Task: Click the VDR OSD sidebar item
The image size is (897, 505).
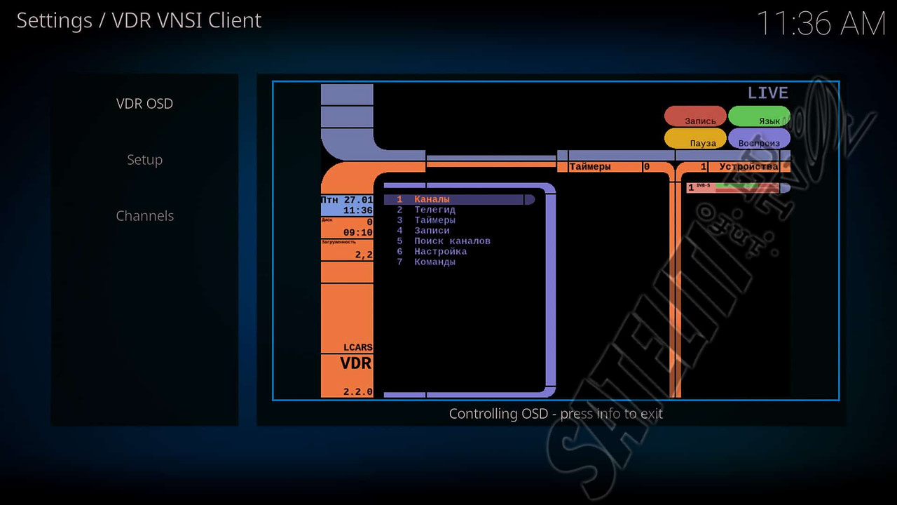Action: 144,104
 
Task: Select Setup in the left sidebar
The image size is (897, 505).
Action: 144,160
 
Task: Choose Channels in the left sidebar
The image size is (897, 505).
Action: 144,216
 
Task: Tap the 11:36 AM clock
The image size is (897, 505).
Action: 821,24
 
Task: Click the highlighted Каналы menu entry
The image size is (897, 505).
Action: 432,200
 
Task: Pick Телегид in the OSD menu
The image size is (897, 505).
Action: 434,210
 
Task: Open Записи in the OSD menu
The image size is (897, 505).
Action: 432,231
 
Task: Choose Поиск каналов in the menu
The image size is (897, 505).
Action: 452,241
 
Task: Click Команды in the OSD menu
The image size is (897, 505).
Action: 434,262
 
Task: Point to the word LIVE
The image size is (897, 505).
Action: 768,93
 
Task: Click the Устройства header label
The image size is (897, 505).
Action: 748,167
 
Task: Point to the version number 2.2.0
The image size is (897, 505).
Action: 357,392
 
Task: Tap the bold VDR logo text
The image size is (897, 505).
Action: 356,364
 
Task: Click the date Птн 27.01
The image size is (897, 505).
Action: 348,200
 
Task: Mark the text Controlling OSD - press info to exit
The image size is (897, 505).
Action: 556,414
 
